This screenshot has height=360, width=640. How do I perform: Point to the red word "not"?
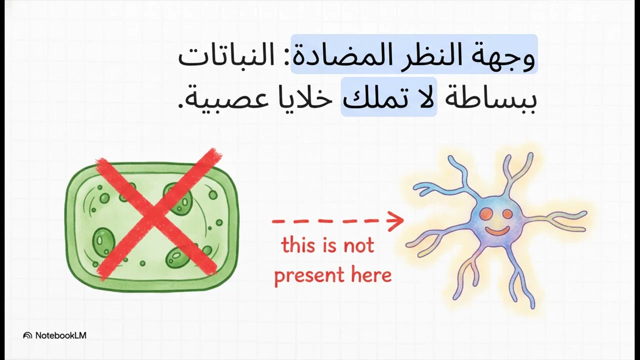point(358,245)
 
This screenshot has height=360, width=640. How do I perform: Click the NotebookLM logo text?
point(60,335)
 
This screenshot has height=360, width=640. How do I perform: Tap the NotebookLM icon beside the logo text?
point(28,335)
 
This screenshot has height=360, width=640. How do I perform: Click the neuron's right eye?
point(507,214)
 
